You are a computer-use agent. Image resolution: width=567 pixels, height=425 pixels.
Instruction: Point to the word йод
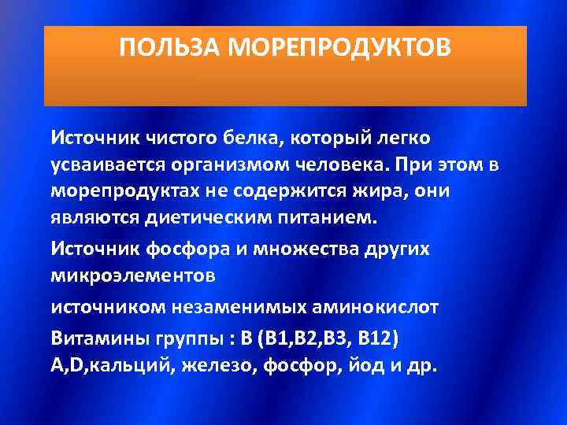click(x=363, y=366)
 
